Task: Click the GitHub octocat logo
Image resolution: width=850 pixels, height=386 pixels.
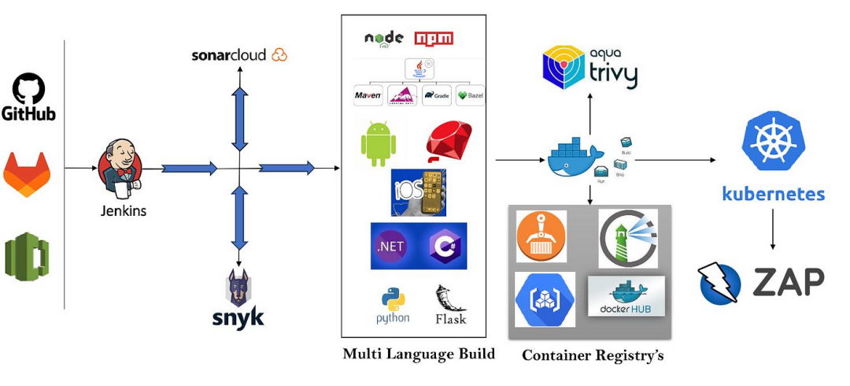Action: click(x=28, y=89)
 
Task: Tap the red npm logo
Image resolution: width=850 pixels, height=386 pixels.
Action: click(x=434, y=39)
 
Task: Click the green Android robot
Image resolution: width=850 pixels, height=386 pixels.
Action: click(x=378, y=143)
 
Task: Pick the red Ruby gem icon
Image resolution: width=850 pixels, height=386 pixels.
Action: click(x=449, y=143)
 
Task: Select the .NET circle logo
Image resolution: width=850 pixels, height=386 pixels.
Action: click(x=392, y=246)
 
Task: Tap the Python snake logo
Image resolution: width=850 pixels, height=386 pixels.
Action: click(x=393, y=301)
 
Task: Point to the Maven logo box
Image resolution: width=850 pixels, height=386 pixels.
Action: click(x=368, y=96)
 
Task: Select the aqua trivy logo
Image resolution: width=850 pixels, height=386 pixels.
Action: click(x=590, y=68)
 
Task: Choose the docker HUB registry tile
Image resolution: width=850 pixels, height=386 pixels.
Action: click(x=626, y=296)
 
